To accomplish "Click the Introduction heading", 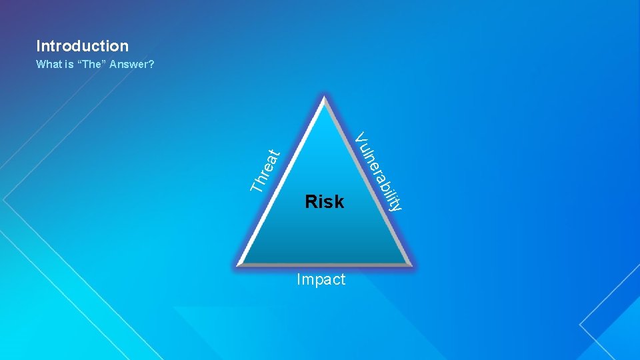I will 82,46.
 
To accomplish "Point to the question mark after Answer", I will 152,65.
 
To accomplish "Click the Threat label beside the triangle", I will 265,170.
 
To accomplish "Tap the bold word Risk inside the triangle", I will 324,201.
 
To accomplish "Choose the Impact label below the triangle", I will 321,279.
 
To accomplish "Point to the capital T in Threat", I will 256,186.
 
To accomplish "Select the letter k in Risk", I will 339,201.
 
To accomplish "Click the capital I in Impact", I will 299,279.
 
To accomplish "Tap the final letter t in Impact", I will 343,279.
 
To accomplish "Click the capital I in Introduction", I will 39,46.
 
